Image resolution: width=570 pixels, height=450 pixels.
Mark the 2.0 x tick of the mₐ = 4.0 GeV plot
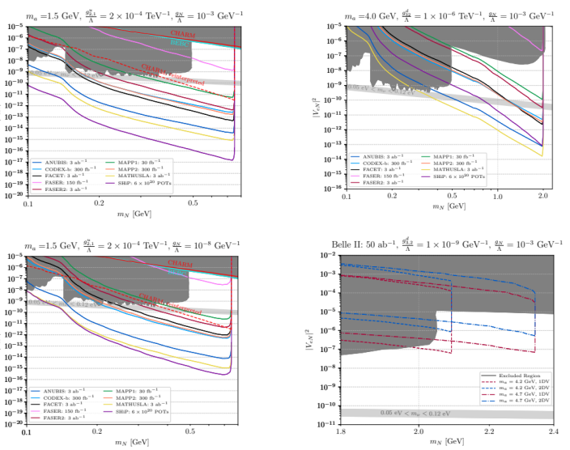point(542,196)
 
